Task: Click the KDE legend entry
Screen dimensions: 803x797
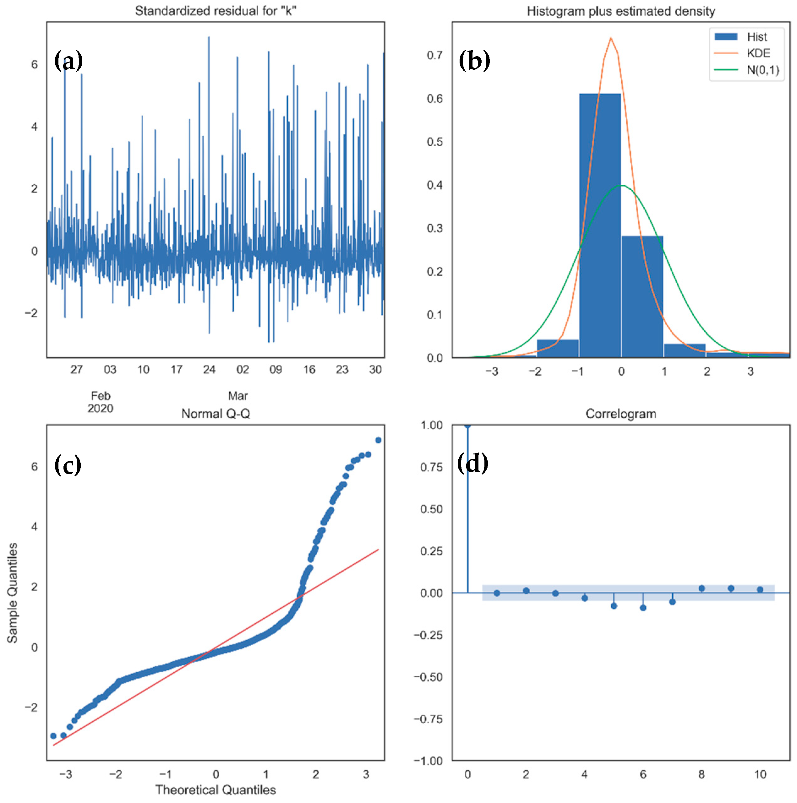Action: pos(757,53)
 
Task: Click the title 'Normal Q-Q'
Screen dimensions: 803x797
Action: pos(216,414)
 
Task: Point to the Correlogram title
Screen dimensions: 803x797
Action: pos(620,414)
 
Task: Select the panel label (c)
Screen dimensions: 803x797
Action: pos(67,465)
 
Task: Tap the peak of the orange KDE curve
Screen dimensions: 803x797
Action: pos(610,38)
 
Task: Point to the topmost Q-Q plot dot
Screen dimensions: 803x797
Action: pos(378,440)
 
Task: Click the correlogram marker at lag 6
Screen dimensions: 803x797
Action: pos(643,608)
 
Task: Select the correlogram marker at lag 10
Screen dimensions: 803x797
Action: pos(760,589)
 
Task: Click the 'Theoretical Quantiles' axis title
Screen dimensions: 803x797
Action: pos(216,790)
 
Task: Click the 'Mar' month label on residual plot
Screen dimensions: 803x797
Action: pos(238,396)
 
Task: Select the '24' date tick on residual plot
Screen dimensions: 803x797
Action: pos(209,370)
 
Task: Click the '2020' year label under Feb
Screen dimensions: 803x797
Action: pos(100,408)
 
